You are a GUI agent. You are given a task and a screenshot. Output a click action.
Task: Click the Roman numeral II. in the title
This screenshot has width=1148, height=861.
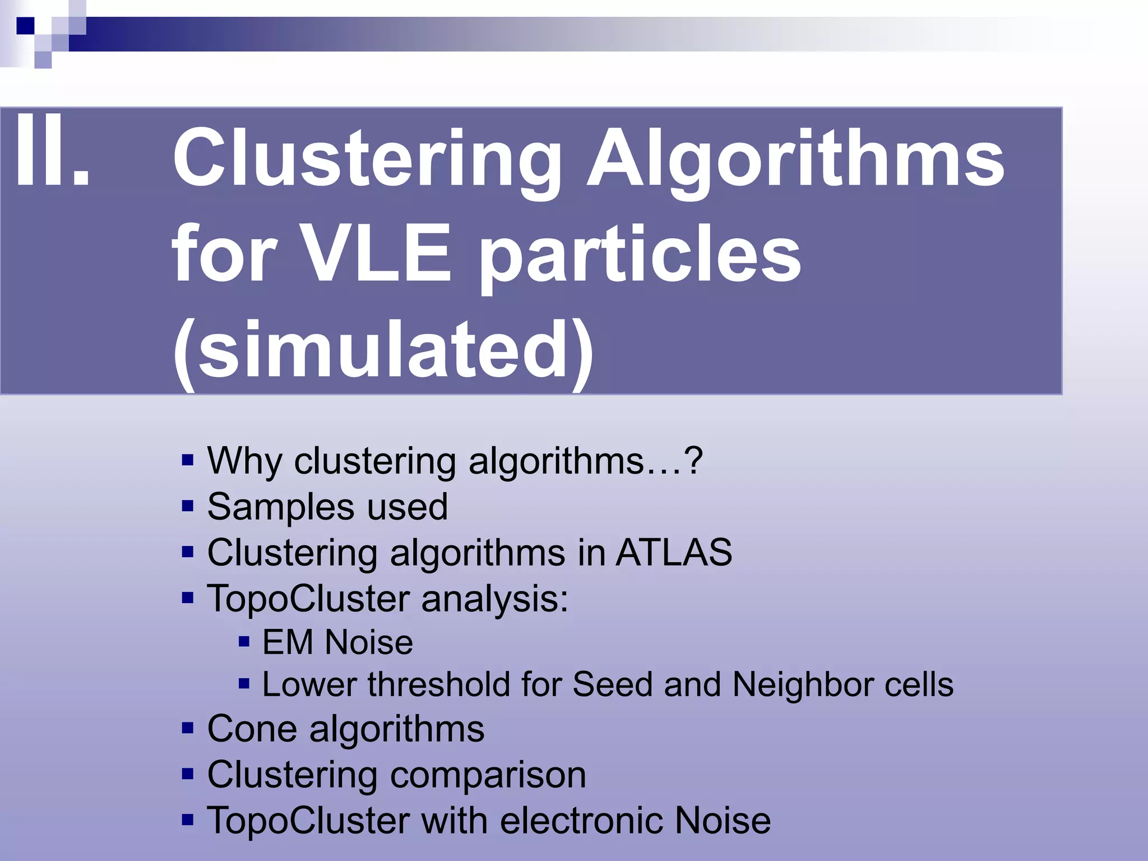[x=52, y=151]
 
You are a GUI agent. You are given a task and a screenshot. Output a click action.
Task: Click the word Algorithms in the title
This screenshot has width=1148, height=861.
[x=796, y=160]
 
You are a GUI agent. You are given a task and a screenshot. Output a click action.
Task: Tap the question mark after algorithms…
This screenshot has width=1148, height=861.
[x=693, y=461]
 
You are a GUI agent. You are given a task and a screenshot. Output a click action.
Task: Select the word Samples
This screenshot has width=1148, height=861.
[x=280, y=507]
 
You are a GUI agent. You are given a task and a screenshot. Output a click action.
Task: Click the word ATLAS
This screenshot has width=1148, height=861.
[x=674, y=553]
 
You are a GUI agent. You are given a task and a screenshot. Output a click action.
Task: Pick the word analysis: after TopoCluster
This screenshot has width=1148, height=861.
[x=494, y=599]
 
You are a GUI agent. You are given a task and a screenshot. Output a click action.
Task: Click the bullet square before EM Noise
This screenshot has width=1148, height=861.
[x=244, y=641]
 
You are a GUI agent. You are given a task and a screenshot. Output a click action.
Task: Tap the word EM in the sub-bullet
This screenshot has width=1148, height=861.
[x=287, y=642]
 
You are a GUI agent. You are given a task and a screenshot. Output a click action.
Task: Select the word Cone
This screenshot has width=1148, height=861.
[x=252, y=729]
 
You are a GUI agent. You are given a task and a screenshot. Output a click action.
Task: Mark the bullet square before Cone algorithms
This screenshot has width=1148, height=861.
[x=188, y=729]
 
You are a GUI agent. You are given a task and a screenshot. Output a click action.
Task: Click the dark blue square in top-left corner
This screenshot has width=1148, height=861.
[x=25, y=26]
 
